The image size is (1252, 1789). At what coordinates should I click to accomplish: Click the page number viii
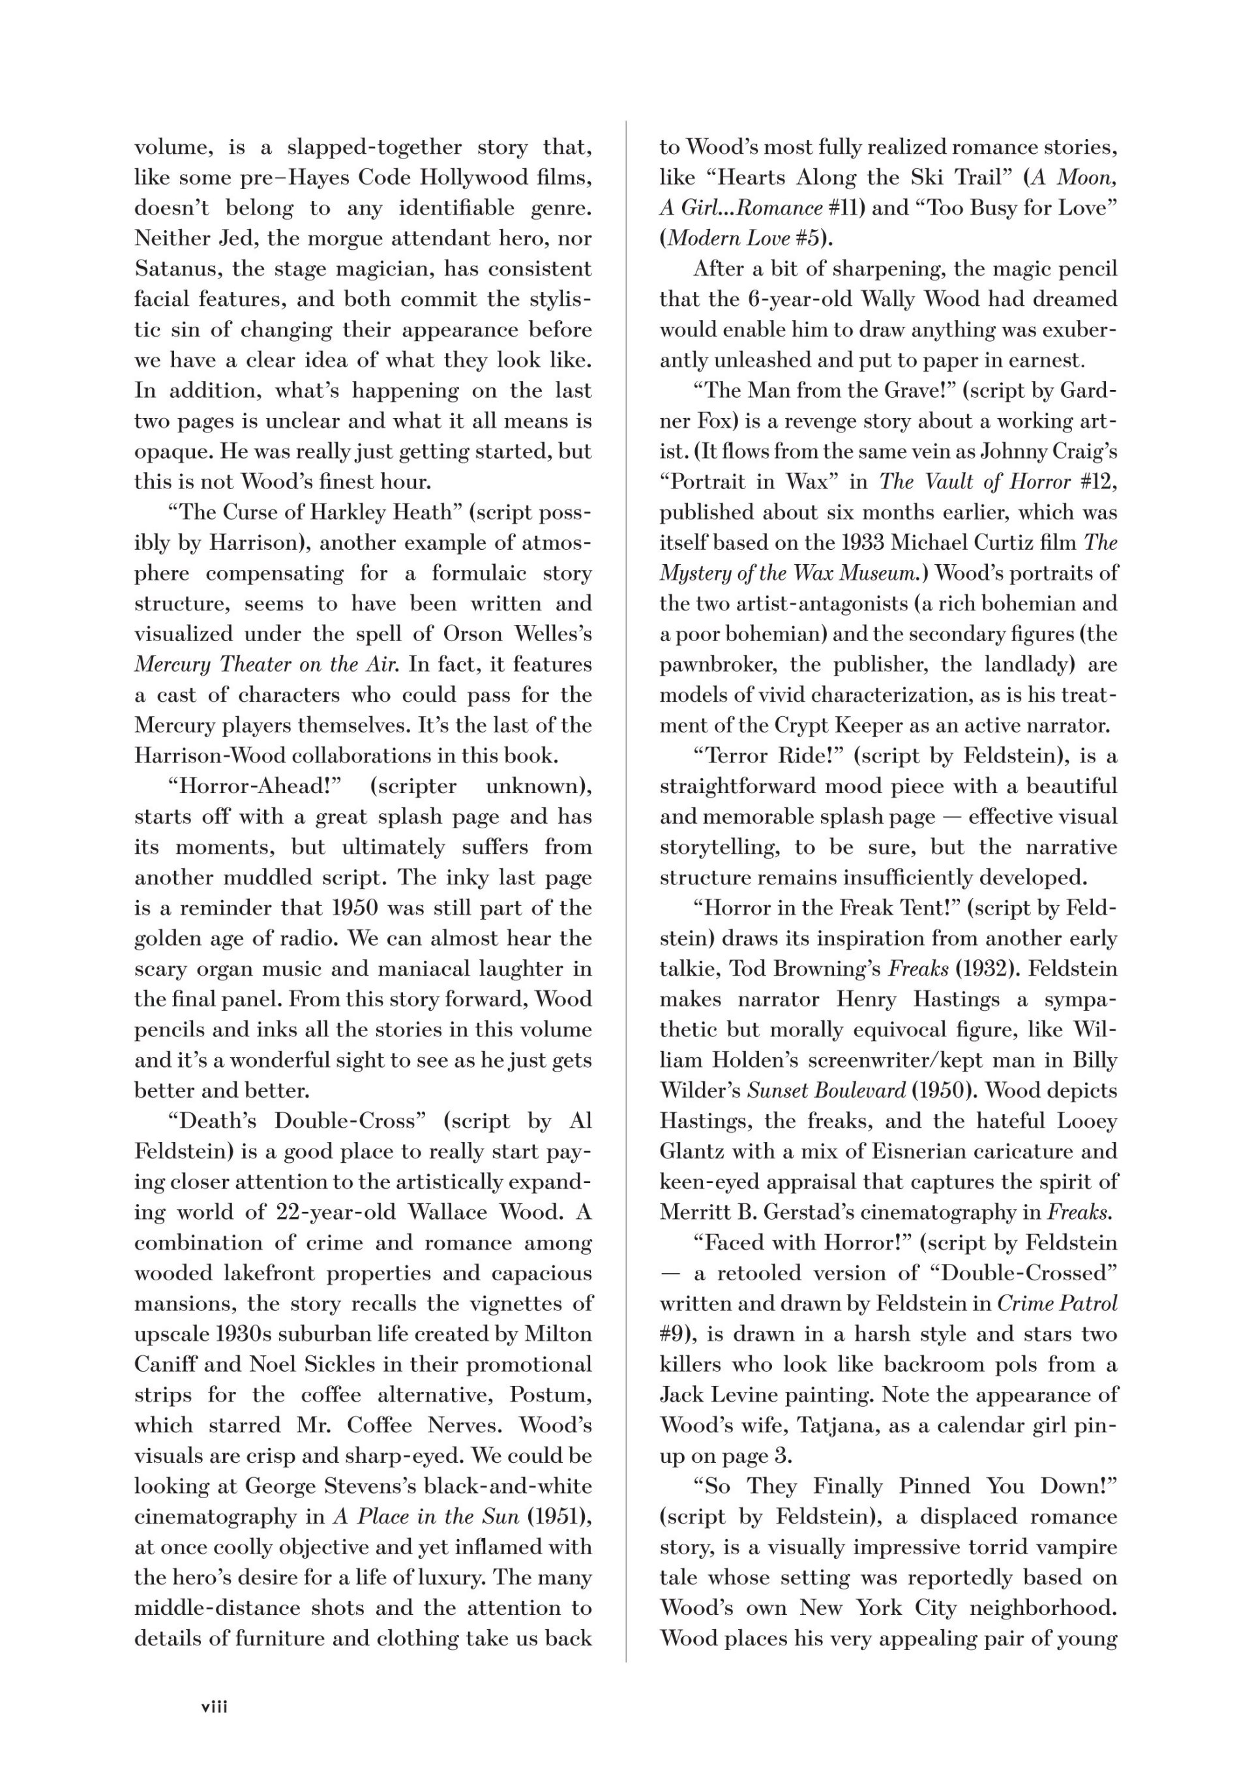coord(215,1706)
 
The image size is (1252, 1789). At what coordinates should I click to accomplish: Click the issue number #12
coord(1099,481)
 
